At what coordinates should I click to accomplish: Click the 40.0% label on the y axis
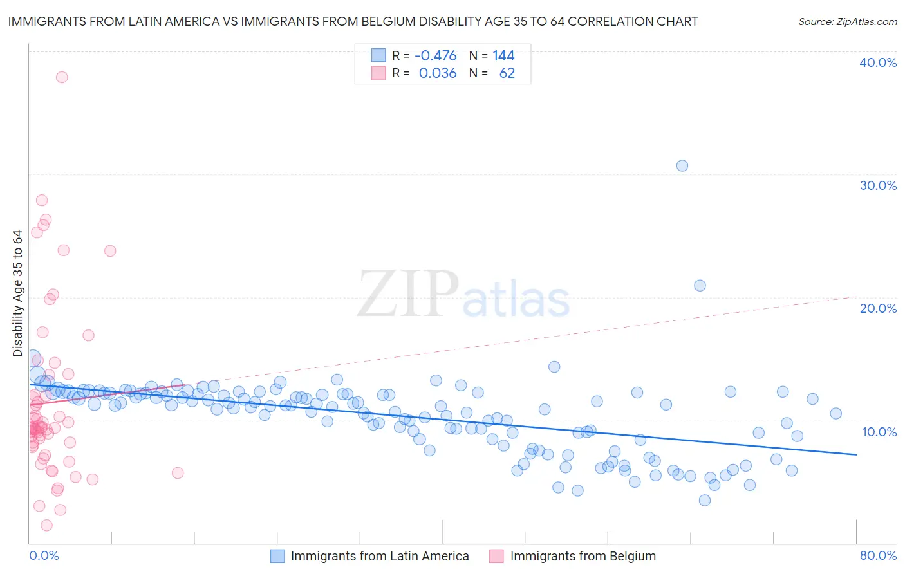[878, 62]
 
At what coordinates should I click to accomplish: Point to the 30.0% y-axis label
[878, 185]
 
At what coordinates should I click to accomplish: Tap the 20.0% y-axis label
[878, 308]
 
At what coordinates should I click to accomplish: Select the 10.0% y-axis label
[879, 432]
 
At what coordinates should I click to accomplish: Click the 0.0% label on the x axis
[44, 555]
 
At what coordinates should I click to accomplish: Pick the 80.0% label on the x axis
[878, 555]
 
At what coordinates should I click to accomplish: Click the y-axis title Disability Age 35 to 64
[17, 293]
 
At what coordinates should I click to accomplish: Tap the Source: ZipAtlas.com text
[847, 22]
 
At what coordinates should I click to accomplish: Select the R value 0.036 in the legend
[437, 73]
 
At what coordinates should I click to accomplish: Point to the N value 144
[503, 56]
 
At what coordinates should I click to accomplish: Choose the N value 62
[507, 73]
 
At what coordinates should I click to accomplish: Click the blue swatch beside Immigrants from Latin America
[277, 556]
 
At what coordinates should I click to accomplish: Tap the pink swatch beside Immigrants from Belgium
[496, 556]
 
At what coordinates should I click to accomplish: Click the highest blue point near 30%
[682, 166]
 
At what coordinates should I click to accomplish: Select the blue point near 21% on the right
[700, 286]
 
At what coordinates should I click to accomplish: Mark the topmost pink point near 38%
[62, 77]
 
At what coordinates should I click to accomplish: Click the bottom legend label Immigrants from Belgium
[583, 556]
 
